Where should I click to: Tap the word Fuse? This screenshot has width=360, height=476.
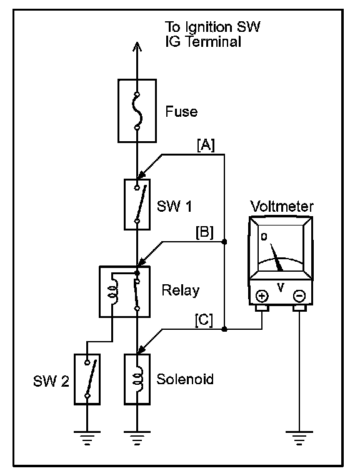(181, 111)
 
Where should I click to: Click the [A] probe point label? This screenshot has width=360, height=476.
(206, 145)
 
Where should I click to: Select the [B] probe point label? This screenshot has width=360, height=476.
(204, 232)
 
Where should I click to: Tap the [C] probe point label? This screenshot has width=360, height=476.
(204, 320)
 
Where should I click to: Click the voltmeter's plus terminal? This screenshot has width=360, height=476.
(262, 295)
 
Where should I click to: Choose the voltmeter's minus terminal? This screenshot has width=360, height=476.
(299, 295)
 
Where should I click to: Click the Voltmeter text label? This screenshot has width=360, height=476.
(282, 206)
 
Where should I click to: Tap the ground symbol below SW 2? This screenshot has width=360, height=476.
(87, 438)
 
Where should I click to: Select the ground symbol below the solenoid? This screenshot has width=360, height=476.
(137, 438)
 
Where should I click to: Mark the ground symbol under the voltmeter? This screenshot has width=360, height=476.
(299, 438)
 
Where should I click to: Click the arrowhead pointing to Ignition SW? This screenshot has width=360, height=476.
(137, 46)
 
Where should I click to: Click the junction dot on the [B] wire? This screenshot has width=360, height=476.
(224, 242)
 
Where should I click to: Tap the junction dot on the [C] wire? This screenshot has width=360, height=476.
(224, 329)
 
